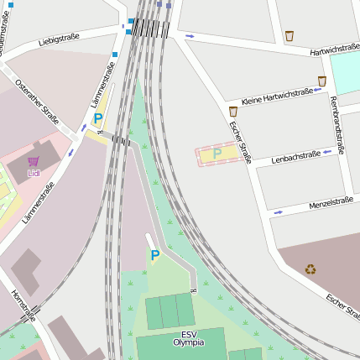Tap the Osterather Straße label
(x=37, y=102)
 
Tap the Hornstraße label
(x=23, y=305)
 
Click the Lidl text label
(x=34, y=174)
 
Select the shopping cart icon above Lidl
(x=34, y=161)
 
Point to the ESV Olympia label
(x=189, y=338)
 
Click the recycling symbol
(x=310, y=269)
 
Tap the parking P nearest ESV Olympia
(x=154, y=255)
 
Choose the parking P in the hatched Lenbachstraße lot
(x=217, y=154)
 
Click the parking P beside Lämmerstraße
(x=98, y=119)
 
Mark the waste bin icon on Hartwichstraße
(x=290, y=36)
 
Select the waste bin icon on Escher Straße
(x=232, y=111)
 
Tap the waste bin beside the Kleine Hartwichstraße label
(x=321, y=81)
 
